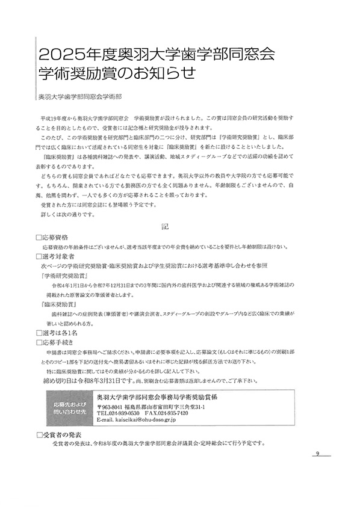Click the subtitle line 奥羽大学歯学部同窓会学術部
click(x=79, y=95)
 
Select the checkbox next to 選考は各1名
click(x=39, y=332)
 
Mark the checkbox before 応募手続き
click(x=39, y=341)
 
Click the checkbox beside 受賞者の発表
click(x=39, y=433)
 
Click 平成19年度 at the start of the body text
click(x=54, y=114)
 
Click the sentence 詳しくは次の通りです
click(x=68, y=214)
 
